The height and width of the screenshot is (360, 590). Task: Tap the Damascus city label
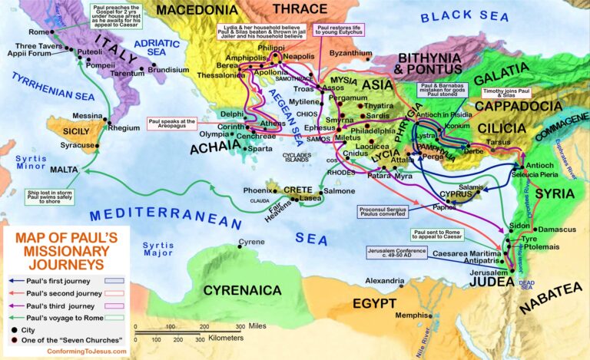tap(556, 230)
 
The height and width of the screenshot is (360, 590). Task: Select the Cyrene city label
tap(250, 242)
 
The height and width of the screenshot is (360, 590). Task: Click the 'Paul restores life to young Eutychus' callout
tap(341, 31)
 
